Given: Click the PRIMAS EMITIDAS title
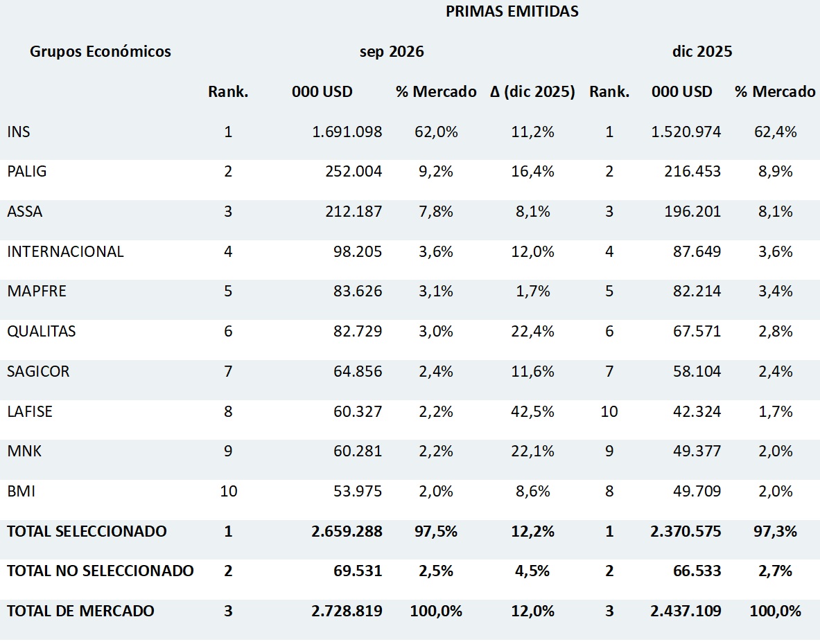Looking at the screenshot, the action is tap(512, 12).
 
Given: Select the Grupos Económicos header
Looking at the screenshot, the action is tap(101, 51).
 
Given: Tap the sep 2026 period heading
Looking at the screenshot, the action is tap(392, 51).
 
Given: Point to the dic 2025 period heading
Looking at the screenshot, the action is tap(701, 51).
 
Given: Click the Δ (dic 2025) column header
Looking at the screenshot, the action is tap(532, 91).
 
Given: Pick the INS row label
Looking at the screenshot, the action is tap(18, 132).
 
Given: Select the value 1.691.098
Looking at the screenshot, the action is tap(347, 132).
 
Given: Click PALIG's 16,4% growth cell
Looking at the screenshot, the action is tap(532, 171).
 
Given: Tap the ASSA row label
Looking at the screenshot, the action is tap(24, 211).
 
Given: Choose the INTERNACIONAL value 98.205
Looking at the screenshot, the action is tap(358, 252).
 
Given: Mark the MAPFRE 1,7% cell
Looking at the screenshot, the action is tap(533, 291).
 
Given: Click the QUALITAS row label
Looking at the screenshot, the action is tap(42, 331).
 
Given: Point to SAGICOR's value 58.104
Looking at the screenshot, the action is tap(697, 371).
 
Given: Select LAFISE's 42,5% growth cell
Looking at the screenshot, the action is tap(532, 411).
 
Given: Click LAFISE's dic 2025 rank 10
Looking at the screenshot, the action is tap(609, 411).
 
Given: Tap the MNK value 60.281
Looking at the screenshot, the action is tap(358, 451).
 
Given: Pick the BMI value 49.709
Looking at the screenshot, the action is tap(697, 491).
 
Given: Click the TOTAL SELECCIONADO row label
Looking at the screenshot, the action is tap(87, 531).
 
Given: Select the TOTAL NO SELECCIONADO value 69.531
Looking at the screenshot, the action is tap(358, 571).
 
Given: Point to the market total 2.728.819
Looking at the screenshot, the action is tap(347, 611).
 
